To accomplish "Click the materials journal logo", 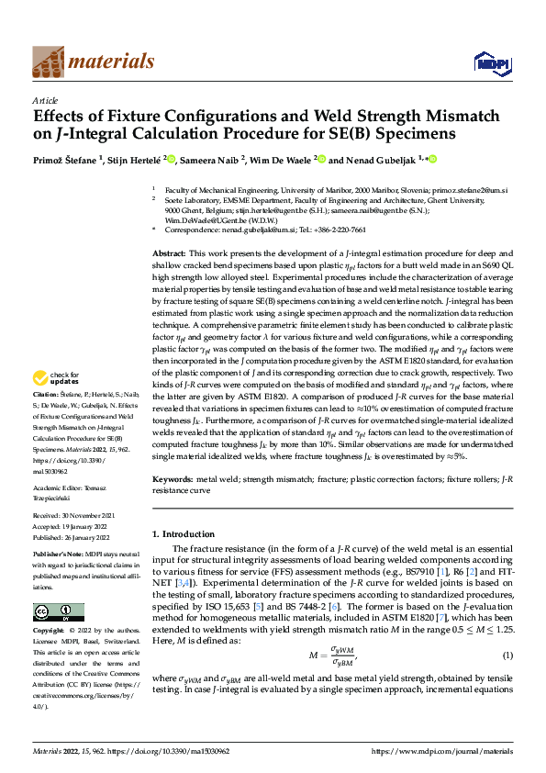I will click(93, 62).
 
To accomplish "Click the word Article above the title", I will click(45, 100).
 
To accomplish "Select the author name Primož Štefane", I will click(67, 159).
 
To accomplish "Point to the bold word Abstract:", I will click(169, 252).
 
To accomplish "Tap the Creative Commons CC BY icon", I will click(58, 612).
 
